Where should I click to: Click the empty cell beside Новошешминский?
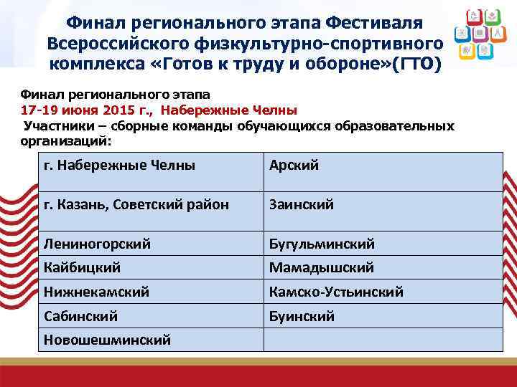[x=383, y=340]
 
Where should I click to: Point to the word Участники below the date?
[x=57, y=125]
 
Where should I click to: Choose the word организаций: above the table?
[x=62, y=140]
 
